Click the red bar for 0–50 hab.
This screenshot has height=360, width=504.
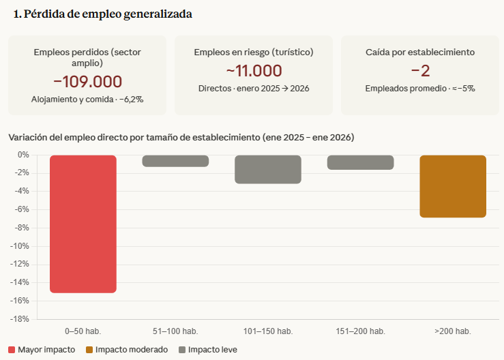coord(83,224)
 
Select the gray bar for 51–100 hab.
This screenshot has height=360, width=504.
coord(175,161)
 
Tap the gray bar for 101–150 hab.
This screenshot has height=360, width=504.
coord(268,169)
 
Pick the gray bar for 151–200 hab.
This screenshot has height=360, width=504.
coord(360,162)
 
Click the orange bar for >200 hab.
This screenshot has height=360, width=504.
coord(453,186)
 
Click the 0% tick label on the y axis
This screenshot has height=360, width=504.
coord(23,155)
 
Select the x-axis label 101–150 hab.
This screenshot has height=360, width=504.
coord(268,331)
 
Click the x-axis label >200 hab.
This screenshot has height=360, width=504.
coord(453,331)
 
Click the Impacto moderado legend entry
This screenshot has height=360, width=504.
coord(127,350)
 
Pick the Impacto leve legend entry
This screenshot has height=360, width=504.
coord(208,350)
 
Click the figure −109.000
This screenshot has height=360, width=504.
coord(87,82)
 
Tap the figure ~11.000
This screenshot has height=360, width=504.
coord(254,70)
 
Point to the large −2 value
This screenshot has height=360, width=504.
coord(420,70)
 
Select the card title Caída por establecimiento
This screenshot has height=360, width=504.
coord(420,52)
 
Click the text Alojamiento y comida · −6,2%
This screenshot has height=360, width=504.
coord(87,100)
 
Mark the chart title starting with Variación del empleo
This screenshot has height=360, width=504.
coord(181,137)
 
